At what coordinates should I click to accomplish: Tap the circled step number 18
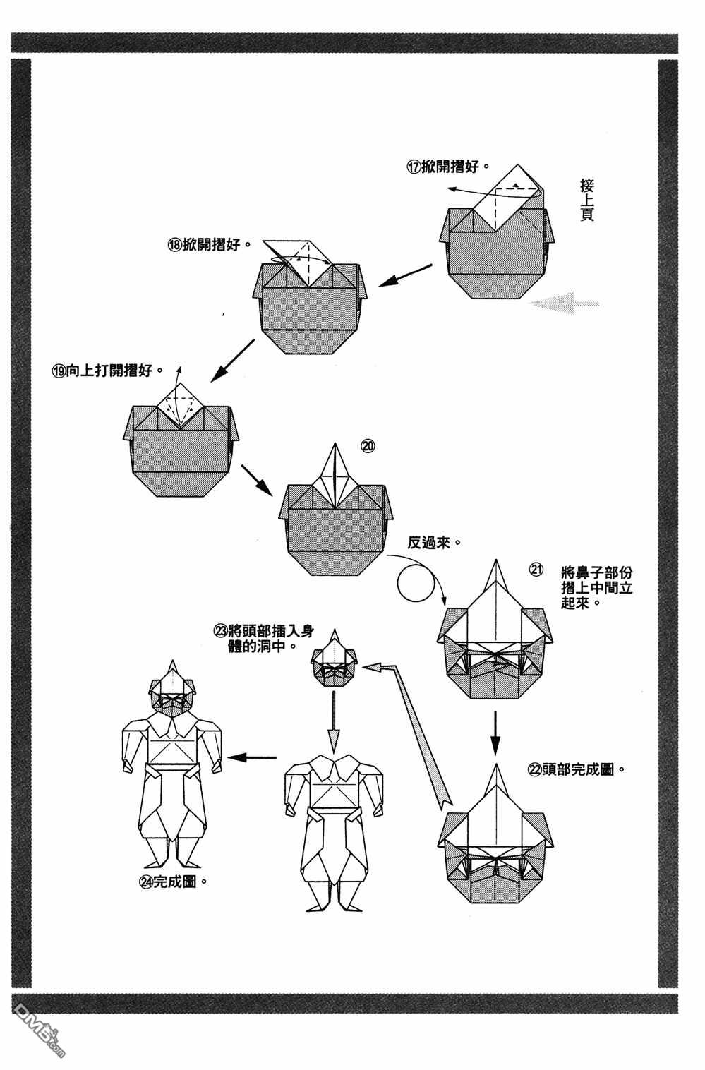click(174, 244)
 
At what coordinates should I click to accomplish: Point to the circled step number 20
click(368, 445)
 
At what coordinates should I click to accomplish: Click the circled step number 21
click(536, 570)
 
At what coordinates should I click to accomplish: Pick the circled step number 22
click(534, 769)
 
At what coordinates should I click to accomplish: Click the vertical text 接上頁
click(586, 200)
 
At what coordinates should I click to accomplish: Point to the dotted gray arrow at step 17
click(564, 303)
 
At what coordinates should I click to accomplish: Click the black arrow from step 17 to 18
click(406, 275)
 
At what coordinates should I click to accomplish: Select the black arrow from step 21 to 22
click(495, 731)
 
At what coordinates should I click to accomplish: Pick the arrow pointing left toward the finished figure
click(253, 758)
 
